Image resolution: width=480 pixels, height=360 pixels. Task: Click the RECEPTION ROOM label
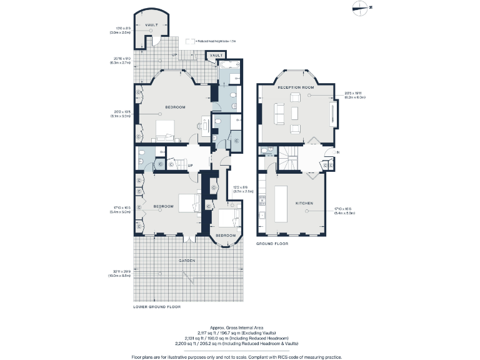coord(296,87)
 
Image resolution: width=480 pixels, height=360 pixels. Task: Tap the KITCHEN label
coord(304,204)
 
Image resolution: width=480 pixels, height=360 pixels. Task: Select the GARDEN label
coord(187,260)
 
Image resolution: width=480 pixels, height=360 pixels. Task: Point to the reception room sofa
coord(279,113)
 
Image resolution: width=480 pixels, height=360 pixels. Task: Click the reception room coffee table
coord(294,113)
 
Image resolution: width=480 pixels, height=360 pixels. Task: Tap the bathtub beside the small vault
coord(228,64)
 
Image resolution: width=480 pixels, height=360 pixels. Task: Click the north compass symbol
coord(360,7)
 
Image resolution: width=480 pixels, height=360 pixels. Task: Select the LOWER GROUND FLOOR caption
coord(157,307)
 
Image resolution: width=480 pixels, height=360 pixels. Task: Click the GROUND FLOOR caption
coord(272,244)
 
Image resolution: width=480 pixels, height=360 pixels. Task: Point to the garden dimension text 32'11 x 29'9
coord(120,273)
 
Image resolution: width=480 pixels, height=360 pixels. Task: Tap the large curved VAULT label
coord(152,25)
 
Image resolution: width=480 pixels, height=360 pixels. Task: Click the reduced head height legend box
coord(190,41)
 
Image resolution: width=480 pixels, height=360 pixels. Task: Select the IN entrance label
coord(337,152)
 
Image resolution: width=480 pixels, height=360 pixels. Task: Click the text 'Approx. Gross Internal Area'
coord(239,327)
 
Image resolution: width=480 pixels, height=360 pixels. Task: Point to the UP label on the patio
coord(174,54)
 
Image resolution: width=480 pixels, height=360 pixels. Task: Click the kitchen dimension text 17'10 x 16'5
coord(344,211)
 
